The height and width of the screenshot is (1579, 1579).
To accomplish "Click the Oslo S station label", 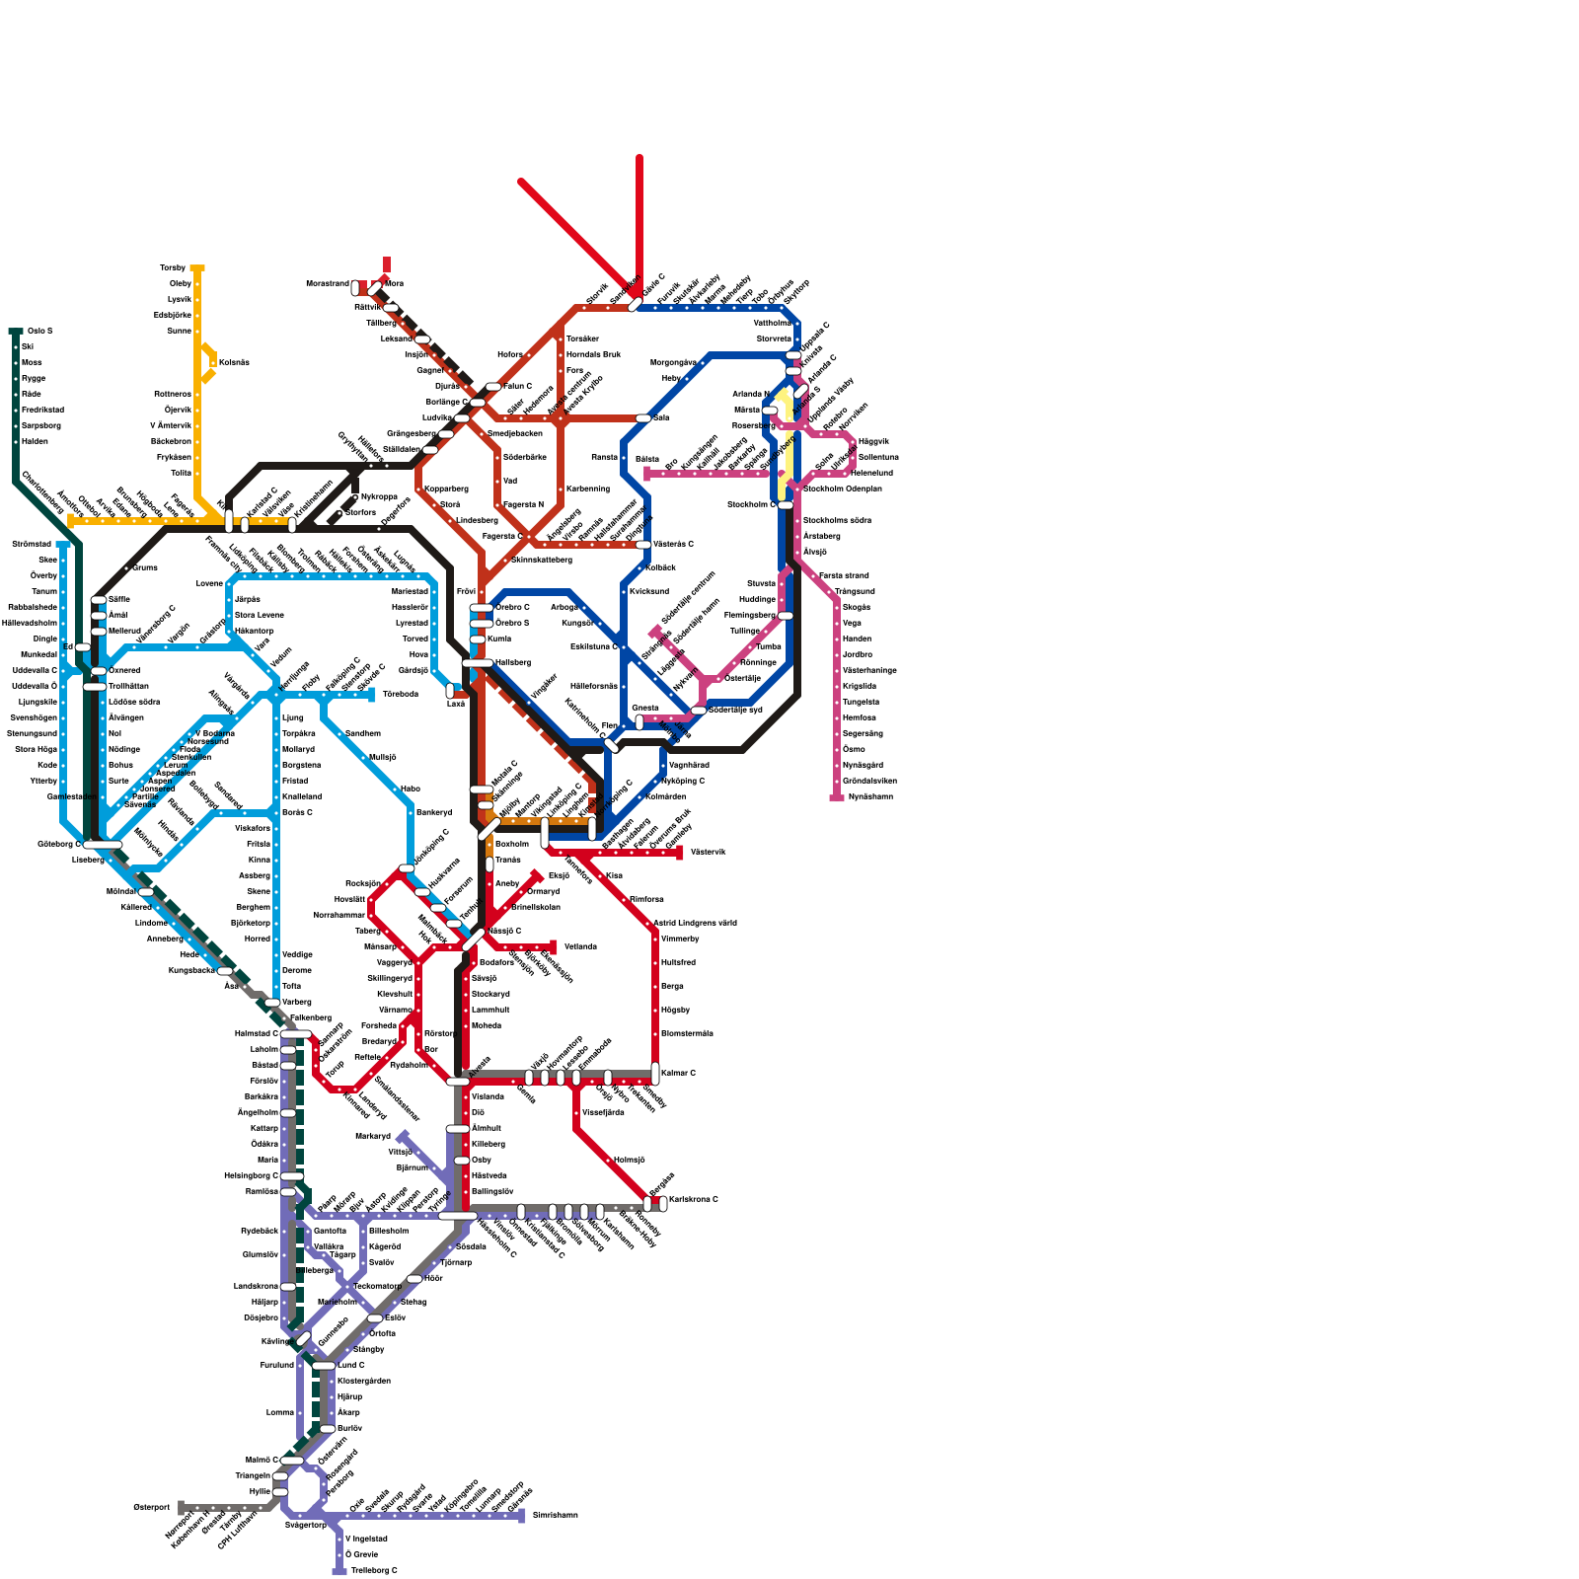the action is click(x=39, y=331).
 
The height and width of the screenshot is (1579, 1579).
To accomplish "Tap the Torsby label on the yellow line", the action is click(x=173, y=268).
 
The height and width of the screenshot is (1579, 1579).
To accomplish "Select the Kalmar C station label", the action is click(x=678, y=1073).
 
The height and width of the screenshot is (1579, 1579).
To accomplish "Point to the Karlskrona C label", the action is click(x=693, y=1200).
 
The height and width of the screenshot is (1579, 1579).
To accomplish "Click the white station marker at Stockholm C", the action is click(x=786, y=504).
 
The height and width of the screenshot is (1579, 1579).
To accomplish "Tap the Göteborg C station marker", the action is click(x=102, y=845).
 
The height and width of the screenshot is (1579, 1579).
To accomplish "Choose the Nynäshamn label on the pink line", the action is click(x=869, y=796).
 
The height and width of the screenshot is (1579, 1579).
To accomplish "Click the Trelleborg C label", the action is click(x=374, y=1570).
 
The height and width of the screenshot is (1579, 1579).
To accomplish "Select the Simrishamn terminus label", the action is click(x=555, y=1515).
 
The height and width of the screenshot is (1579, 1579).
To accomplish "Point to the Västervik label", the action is click(x=708, y=852).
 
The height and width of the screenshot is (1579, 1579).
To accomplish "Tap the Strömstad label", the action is click(x=32, y=544).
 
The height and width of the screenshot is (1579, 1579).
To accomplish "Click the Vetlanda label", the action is click(x=580, y=946).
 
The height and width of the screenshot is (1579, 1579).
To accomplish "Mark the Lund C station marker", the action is click(x=324, y=1366).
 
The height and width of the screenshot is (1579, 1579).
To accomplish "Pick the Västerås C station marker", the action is click(x=643, y=544).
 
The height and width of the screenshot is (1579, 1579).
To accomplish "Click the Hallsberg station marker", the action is click(x=477, y=663).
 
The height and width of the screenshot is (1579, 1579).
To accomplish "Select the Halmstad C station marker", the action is click(x=295, y=1033).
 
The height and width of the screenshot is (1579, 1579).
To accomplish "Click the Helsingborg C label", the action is click(x=251, y=1176).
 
